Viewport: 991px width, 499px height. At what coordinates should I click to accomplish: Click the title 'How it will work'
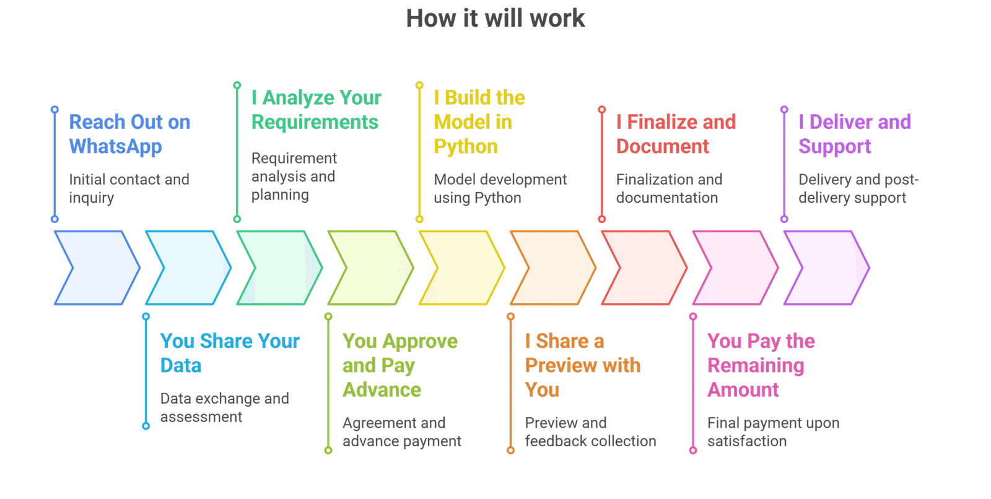[495, 19]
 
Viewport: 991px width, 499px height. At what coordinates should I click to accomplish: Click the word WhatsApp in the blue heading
[115, 147]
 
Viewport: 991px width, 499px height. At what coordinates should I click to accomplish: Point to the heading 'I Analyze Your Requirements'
[317, 110]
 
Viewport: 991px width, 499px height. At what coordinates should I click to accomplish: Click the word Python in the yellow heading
[465, 147]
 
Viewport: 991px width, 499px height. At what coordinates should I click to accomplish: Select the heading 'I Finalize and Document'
[676, 134]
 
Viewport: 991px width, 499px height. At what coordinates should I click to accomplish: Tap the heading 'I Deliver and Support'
[855, 134]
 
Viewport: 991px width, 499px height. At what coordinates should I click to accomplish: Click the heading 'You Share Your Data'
[230, 353]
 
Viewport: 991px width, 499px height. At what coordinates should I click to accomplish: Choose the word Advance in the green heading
[382, 390]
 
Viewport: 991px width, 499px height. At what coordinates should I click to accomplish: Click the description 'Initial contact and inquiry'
[129, 188]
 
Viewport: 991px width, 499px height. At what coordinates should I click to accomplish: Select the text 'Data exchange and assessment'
[225, 407]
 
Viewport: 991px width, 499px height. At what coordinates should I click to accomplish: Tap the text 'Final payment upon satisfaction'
[774, 431]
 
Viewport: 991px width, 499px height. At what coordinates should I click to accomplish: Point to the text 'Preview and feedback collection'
[591, 431]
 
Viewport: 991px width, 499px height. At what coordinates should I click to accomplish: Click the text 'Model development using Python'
[500, 188]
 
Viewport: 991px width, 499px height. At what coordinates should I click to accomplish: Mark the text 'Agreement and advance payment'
[402, 431]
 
